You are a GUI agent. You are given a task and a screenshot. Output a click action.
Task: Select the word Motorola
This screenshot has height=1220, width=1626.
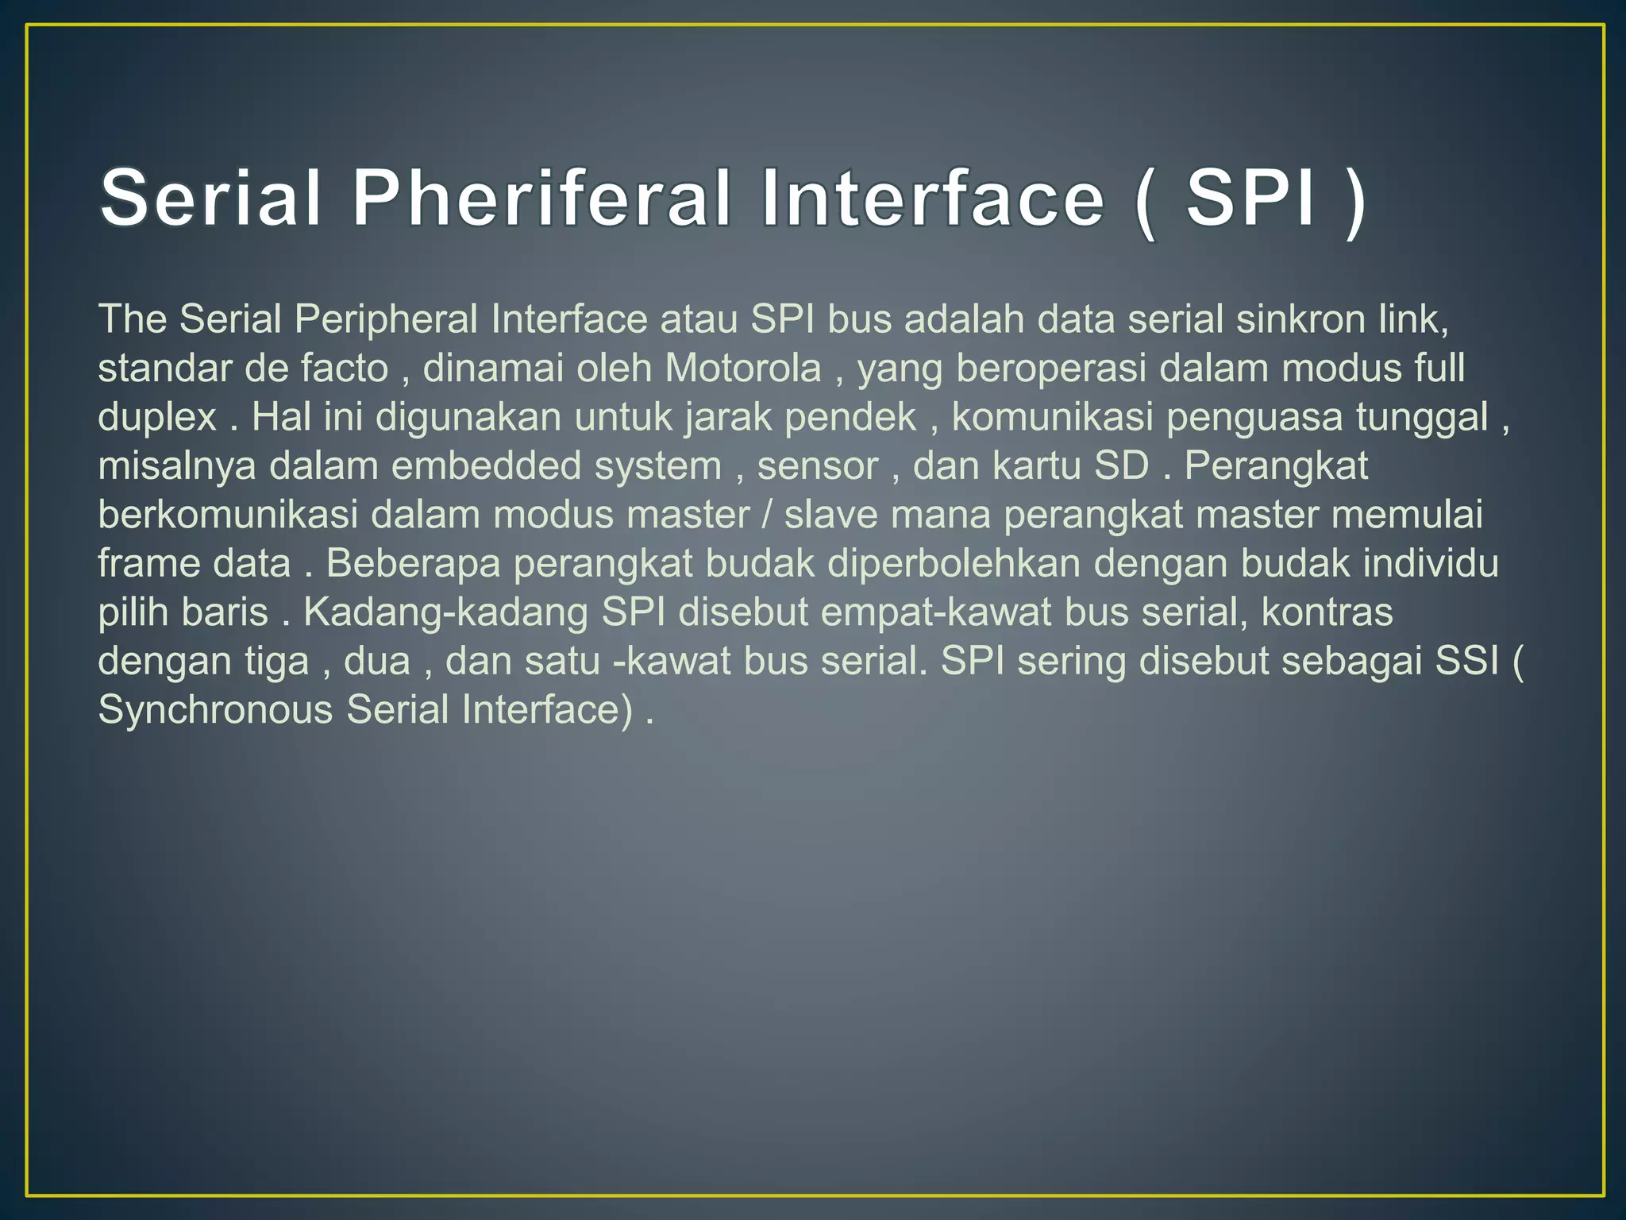(x=743, y=369)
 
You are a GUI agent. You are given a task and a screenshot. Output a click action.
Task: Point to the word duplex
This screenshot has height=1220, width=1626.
(x=157, y=418)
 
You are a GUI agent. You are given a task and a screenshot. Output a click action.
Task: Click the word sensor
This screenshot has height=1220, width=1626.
(x=817, y=466)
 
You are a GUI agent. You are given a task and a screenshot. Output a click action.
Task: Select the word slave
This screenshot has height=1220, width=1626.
(x=830, y=515)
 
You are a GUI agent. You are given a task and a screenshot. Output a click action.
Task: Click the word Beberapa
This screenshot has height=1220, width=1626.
(x=413, y=564)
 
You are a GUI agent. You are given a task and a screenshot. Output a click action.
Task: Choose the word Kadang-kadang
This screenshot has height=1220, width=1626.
(x=445, y=612)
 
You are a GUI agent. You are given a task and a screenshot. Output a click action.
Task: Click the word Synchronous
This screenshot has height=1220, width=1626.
(x=215, y=710)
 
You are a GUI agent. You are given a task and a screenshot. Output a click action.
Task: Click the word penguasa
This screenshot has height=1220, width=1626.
(x=1254, y=418)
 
